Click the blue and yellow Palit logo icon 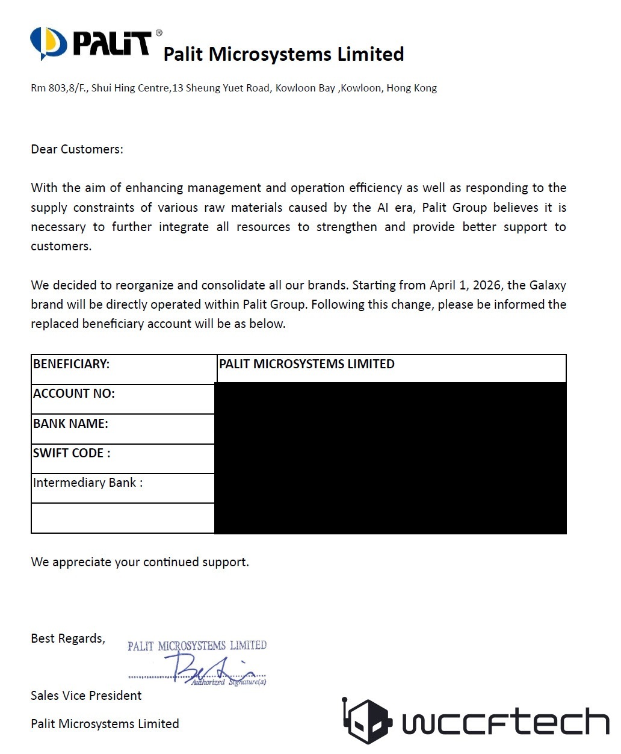point(48,43)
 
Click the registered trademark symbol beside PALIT point(159,33)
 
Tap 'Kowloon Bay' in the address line point(305,88)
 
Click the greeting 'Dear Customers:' point(77,149)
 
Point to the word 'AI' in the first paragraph point(383,208)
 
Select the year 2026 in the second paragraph point(487,285)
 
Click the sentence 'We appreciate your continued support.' point(140,562)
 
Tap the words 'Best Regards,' point(68,638)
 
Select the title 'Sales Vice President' point(86,696)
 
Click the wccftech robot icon point(366,721)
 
